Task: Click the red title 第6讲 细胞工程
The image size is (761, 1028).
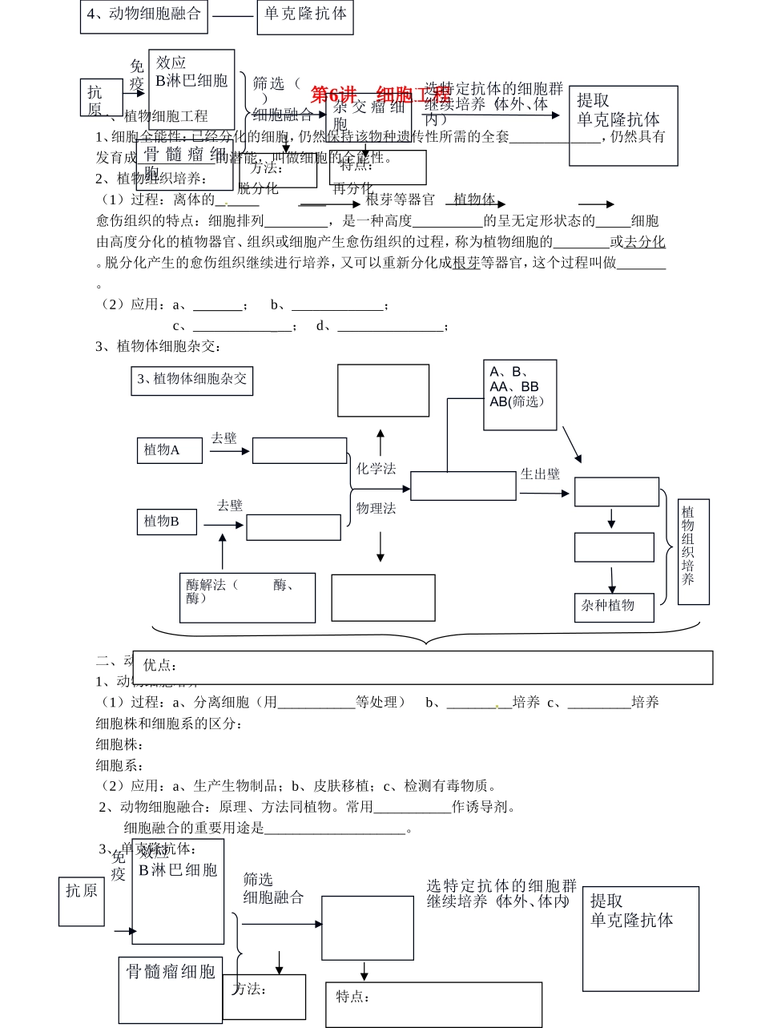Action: [380, 95]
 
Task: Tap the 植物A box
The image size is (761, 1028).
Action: [168, 450]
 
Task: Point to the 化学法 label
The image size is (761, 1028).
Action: [376, 469]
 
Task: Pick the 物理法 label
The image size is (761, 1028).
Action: [376, 508]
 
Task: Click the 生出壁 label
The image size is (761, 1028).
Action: [540, 474]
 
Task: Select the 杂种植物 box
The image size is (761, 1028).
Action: [614, 607]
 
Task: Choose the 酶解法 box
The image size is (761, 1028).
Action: [247, 597]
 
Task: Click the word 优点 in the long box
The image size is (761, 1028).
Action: [160, 666]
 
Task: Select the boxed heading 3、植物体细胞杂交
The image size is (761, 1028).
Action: [191, 380]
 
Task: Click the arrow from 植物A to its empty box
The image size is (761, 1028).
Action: [230, 451]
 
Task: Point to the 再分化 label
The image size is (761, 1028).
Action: [352, 188]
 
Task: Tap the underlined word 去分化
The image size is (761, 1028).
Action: [645, 242]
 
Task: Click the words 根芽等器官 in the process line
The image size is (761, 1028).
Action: [400, 200]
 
